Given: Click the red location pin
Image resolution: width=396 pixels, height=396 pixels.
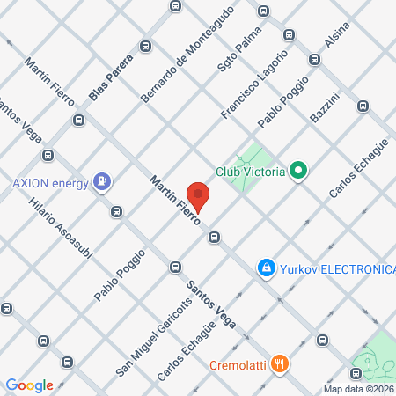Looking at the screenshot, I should [x=198, y=198].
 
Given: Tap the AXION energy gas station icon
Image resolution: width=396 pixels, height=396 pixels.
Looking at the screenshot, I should [x=104, y=181].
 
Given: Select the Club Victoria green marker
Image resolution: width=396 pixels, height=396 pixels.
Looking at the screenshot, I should [x=298, y=170].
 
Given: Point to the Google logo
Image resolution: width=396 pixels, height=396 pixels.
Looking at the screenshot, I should [x=30, y=385].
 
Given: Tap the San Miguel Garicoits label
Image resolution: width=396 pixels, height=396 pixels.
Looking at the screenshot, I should [x=153, y=324].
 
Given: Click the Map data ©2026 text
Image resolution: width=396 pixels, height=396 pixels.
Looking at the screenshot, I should [x=357, y=388].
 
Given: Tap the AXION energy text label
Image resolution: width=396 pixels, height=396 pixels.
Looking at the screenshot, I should [x=48, y=184].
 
